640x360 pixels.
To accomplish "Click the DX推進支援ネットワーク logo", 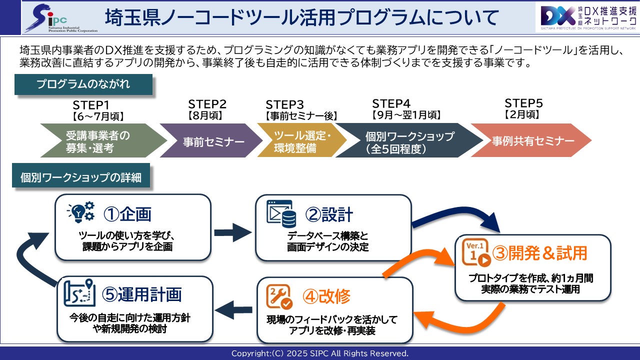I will (x=585, y=18).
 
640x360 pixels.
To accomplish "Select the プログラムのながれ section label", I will (x=83, y=84).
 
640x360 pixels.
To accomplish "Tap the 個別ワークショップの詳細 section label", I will (x=80, y=177).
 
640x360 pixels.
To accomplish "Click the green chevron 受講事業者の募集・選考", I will (x=97, y=141).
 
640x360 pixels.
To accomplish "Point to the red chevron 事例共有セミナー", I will (x=532, y=141).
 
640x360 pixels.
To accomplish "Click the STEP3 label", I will (x=285, y=104).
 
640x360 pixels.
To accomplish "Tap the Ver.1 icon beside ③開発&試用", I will (x=476, y=254).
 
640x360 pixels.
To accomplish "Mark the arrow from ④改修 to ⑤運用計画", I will (x=235, y=309).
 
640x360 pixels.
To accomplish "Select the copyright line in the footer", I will (x=320, y=353).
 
